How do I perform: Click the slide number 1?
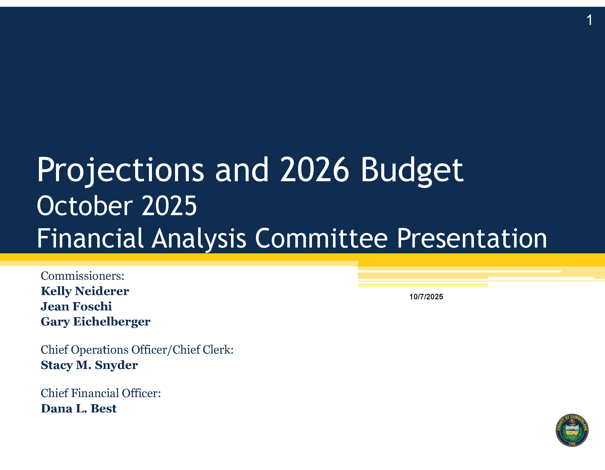pos(589,20)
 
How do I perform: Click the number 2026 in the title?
pos(315,169)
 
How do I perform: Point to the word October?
pos(85,206)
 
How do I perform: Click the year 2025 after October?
pos(169,206)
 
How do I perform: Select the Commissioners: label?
pos(83,276)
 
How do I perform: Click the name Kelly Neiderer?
pos(85,291)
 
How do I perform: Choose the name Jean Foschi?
pos(76,306)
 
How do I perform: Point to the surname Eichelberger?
pos(112,322)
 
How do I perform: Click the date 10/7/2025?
pos(426,297)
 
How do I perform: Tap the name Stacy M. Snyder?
pos(89,365)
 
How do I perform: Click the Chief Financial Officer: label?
pos(101,393)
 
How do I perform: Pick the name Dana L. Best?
pos(79,408)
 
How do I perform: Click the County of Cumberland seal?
pos(572,430)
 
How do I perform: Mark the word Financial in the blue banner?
pos(90,238)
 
